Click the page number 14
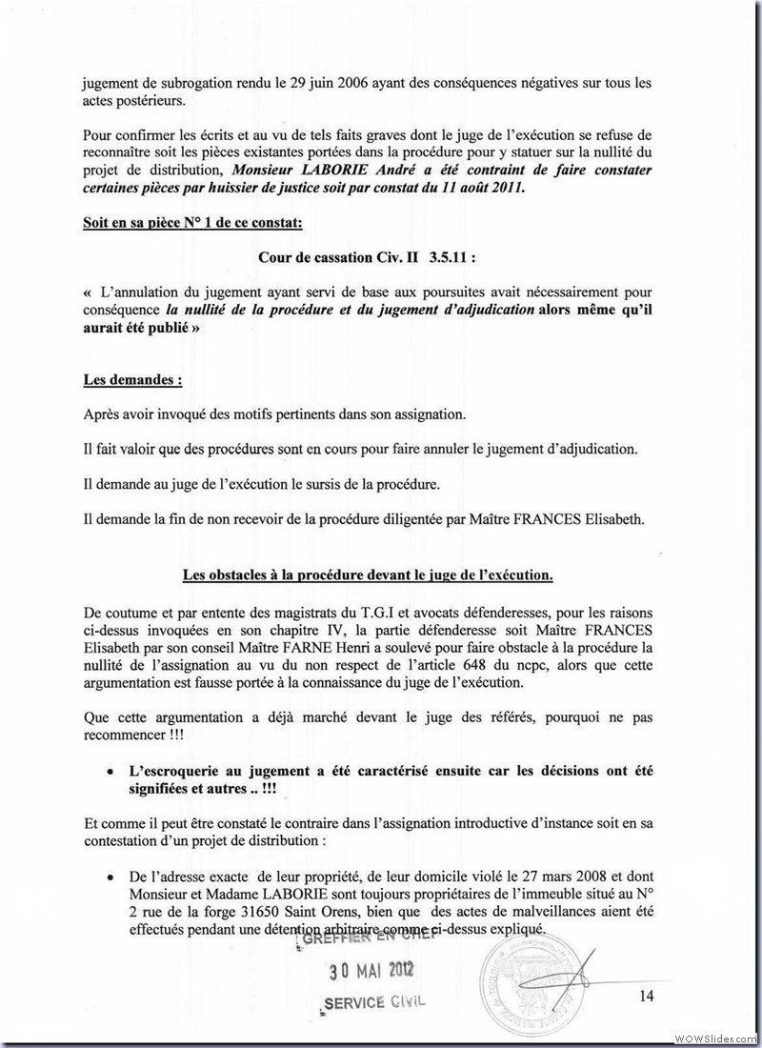pyautogui.click(x=647, y=997)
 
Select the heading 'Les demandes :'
pyautogui.click(x=132, y=378)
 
